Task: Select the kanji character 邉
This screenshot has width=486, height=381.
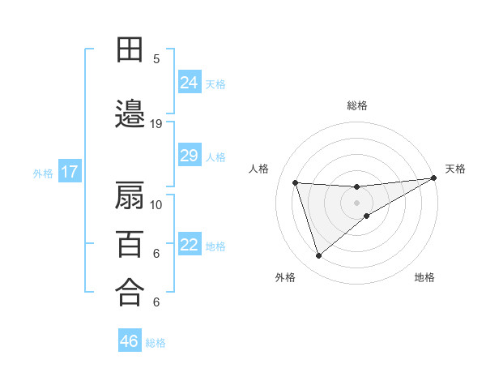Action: [130, 114]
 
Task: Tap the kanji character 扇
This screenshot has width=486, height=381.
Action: [130, 196]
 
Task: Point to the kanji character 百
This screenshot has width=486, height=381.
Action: [130, 243]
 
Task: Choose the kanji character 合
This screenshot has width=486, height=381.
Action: [130, 292]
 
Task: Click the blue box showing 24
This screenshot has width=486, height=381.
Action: [190, 83]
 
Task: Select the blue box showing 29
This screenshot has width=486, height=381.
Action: [190, 156]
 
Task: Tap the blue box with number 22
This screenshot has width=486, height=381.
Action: [190, 245]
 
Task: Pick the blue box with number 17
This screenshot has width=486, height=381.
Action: [69, 172]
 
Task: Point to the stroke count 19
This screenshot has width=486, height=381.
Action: [156, 124]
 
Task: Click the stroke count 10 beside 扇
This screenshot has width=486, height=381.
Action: [156, 204]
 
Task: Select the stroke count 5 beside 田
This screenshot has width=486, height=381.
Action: [156, 58]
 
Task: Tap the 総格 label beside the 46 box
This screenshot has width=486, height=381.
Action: [156, 343]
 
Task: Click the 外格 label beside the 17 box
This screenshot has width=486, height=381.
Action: [43, 173]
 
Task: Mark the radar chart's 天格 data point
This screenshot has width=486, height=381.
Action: [433, 178]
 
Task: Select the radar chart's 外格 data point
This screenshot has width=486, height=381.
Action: [318, 256]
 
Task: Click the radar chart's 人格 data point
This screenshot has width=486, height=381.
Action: [296, 182]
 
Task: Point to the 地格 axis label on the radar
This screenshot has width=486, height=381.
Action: [424, 277]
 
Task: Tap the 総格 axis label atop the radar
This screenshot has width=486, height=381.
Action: [357, 105]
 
